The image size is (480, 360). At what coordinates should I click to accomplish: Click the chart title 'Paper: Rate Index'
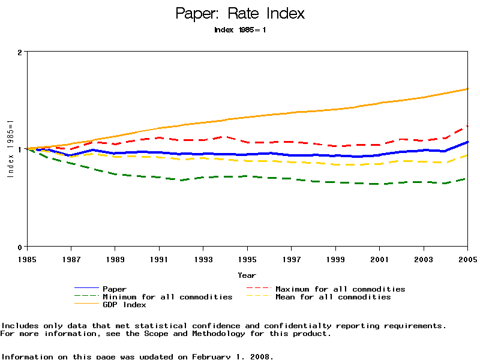tap(240, 13)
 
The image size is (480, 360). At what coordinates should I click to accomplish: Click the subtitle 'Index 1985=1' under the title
tap(240, 29)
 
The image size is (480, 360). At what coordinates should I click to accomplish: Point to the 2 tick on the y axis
tap(19, 52)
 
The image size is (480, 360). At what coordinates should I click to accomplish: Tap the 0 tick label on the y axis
tap(19, 247)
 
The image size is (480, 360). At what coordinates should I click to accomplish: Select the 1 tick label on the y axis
tap(19, 149)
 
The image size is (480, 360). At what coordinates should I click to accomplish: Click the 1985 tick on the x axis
tap(27, 259)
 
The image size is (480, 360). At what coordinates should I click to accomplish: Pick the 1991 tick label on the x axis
tap(159, 259)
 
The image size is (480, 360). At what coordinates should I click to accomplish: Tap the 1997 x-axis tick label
tap(291, 259)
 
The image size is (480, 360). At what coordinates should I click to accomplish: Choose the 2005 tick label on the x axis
tap(467, 259)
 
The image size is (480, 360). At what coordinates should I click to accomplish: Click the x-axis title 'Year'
tap(247, 275)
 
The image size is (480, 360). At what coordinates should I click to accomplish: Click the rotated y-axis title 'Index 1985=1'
tap(10, 149)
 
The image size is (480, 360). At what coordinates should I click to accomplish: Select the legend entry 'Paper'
tap(115, 289)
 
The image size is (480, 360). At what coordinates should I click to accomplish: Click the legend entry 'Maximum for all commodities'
tap(340, 289)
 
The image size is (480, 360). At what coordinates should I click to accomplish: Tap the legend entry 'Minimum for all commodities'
tap(167, 297)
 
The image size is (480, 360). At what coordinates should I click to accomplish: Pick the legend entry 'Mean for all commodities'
tap(333, 297)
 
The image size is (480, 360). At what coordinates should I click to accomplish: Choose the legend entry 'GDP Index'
tap(124, 305)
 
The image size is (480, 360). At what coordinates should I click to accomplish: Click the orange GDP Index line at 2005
tap(467, 89)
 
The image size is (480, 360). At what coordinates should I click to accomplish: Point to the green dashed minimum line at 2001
tap(379, 184)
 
